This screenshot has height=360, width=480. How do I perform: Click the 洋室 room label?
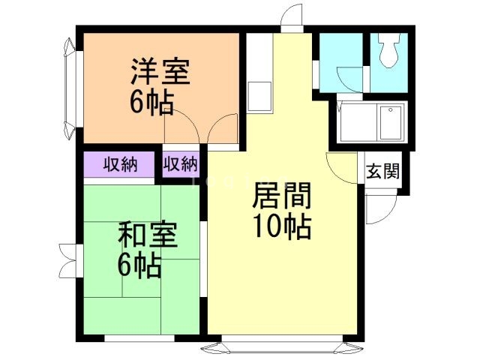point(160,71)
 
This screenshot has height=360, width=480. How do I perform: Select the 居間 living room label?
point(282,195)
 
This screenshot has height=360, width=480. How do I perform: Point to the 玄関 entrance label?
point(383,171)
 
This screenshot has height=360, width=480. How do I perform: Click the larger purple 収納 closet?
point(119,164)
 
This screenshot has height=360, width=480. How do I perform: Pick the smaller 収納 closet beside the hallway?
point(181,164)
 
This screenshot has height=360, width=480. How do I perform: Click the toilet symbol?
point(388,50)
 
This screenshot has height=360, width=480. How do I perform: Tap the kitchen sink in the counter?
point(259,97)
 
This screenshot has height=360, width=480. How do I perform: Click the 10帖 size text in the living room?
point(282,226)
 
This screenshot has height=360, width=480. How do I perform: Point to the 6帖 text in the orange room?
point(151,102)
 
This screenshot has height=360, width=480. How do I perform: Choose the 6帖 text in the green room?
point(139,265)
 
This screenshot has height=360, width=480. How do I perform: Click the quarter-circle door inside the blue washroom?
point(350,79)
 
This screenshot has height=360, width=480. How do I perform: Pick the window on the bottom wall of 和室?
point(139,338)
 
